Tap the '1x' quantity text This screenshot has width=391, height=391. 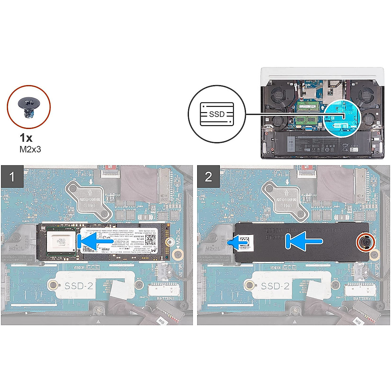26,138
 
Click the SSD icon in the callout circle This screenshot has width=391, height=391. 217,114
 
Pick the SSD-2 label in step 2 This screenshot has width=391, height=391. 275,286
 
